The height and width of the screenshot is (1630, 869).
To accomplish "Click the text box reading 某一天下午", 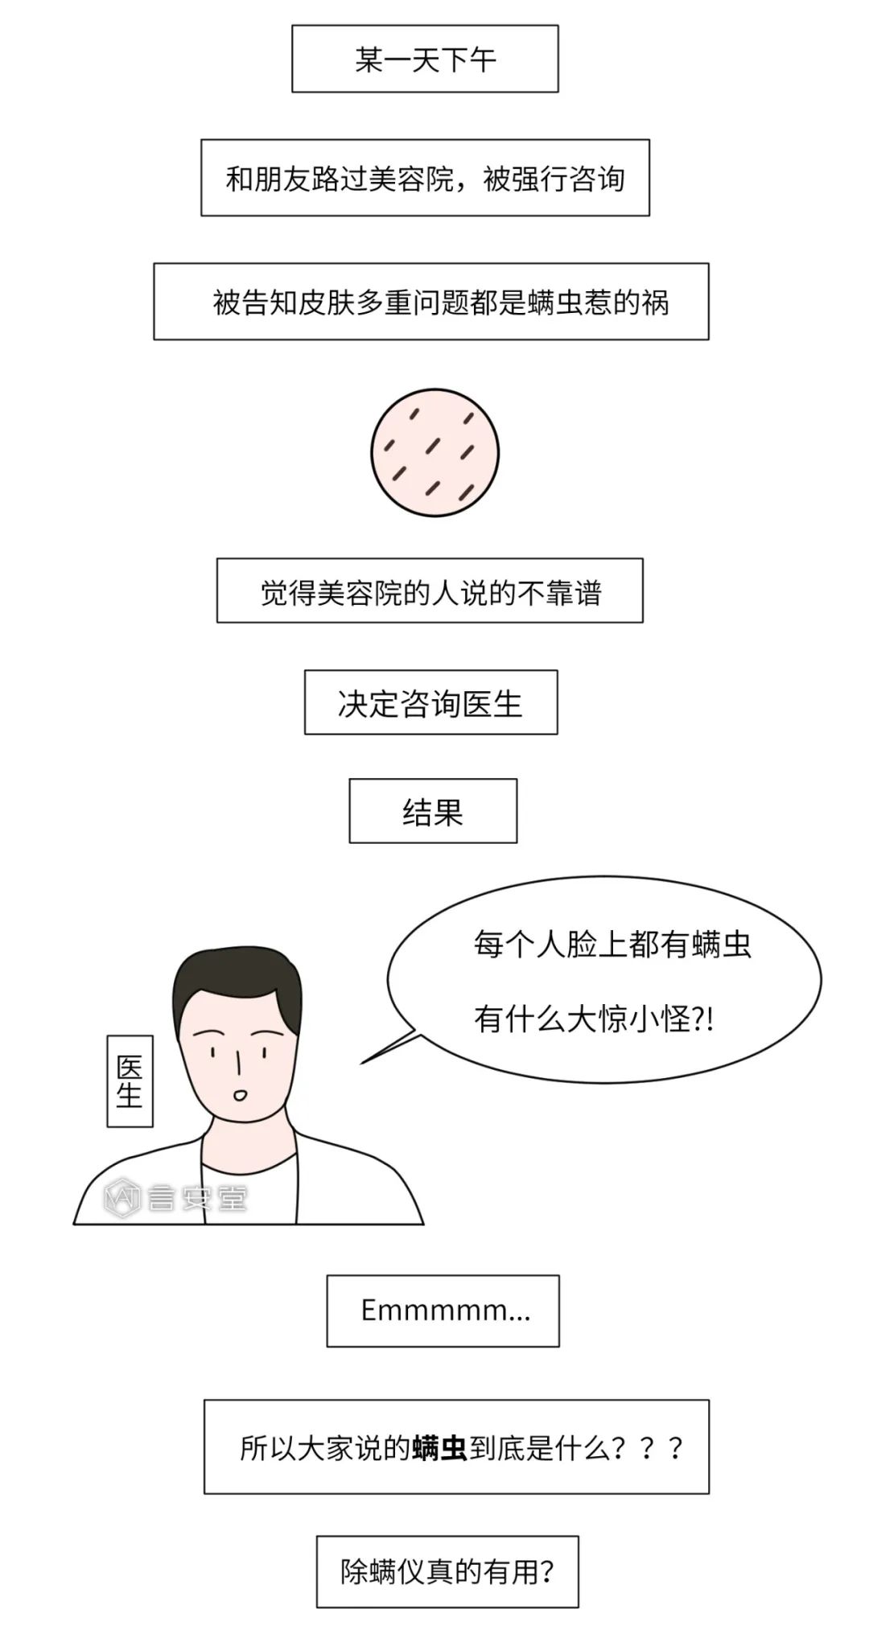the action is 425,59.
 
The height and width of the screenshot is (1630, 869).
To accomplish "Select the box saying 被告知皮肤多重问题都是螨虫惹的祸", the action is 431,302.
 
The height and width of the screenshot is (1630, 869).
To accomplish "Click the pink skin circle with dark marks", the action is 434,452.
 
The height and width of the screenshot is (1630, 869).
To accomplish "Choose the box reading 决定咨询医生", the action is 430,703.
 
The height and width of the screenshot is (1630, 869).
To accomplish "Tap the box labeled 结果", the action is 433,811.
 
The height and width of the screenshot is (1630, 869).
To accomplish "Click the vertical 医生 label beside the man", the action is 130,1081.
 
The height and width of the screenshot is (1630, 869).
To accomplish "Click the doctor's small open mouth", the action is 240,1094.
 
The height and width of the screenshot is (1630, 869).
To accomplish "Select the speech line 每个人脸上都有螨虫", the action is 612,944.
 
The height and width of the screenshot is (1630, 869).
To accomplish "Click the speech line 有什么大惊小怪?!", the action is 594,1019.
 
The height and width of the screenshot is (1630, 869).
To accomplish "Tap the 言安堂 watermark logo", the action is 175,1199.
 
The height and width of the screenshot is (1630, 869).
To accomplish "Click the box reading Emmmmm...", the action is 443,1311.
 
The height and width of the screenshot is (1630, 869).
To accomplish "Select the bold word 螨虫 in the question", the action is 439,1448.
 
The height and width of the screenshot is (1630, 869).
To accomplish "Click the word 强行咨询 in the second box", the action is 554,179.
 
